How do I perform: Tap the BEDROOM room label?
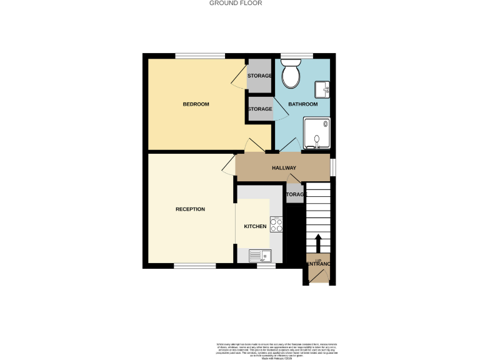tap(196, 104)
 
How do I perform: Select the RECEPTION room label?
tap(190, 209)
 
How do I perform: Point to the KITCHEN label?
tap(255, 226)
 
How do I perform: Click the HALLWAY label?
tap(283, 168)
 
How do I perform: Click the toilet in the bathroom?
tap(291, 74)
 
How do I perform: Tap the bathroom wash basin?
tap(322, 89)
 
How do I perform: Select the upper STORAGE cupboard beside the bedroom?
tap(259, 76)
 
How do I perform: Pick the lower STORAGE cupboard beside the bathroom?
tap(260, 109)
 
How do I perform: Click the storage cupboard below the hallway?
tap(295, 194)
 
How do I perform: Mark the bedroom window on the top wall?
tap(200, 57)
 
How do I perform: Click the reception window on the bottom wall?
tap(191, 266)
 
